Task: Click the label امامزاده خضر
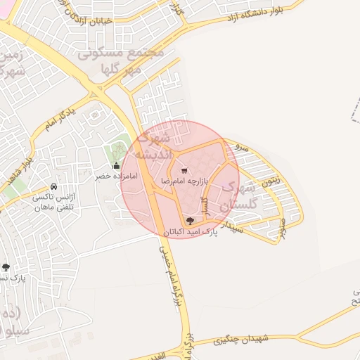click(x=116, y=176)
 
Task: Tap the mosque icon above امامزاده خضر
click(x=116, y=166)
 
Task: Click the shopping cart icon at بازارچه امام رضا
click(x=184, y=170)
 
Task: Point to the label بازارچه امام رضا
click(x=184, y=181)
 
